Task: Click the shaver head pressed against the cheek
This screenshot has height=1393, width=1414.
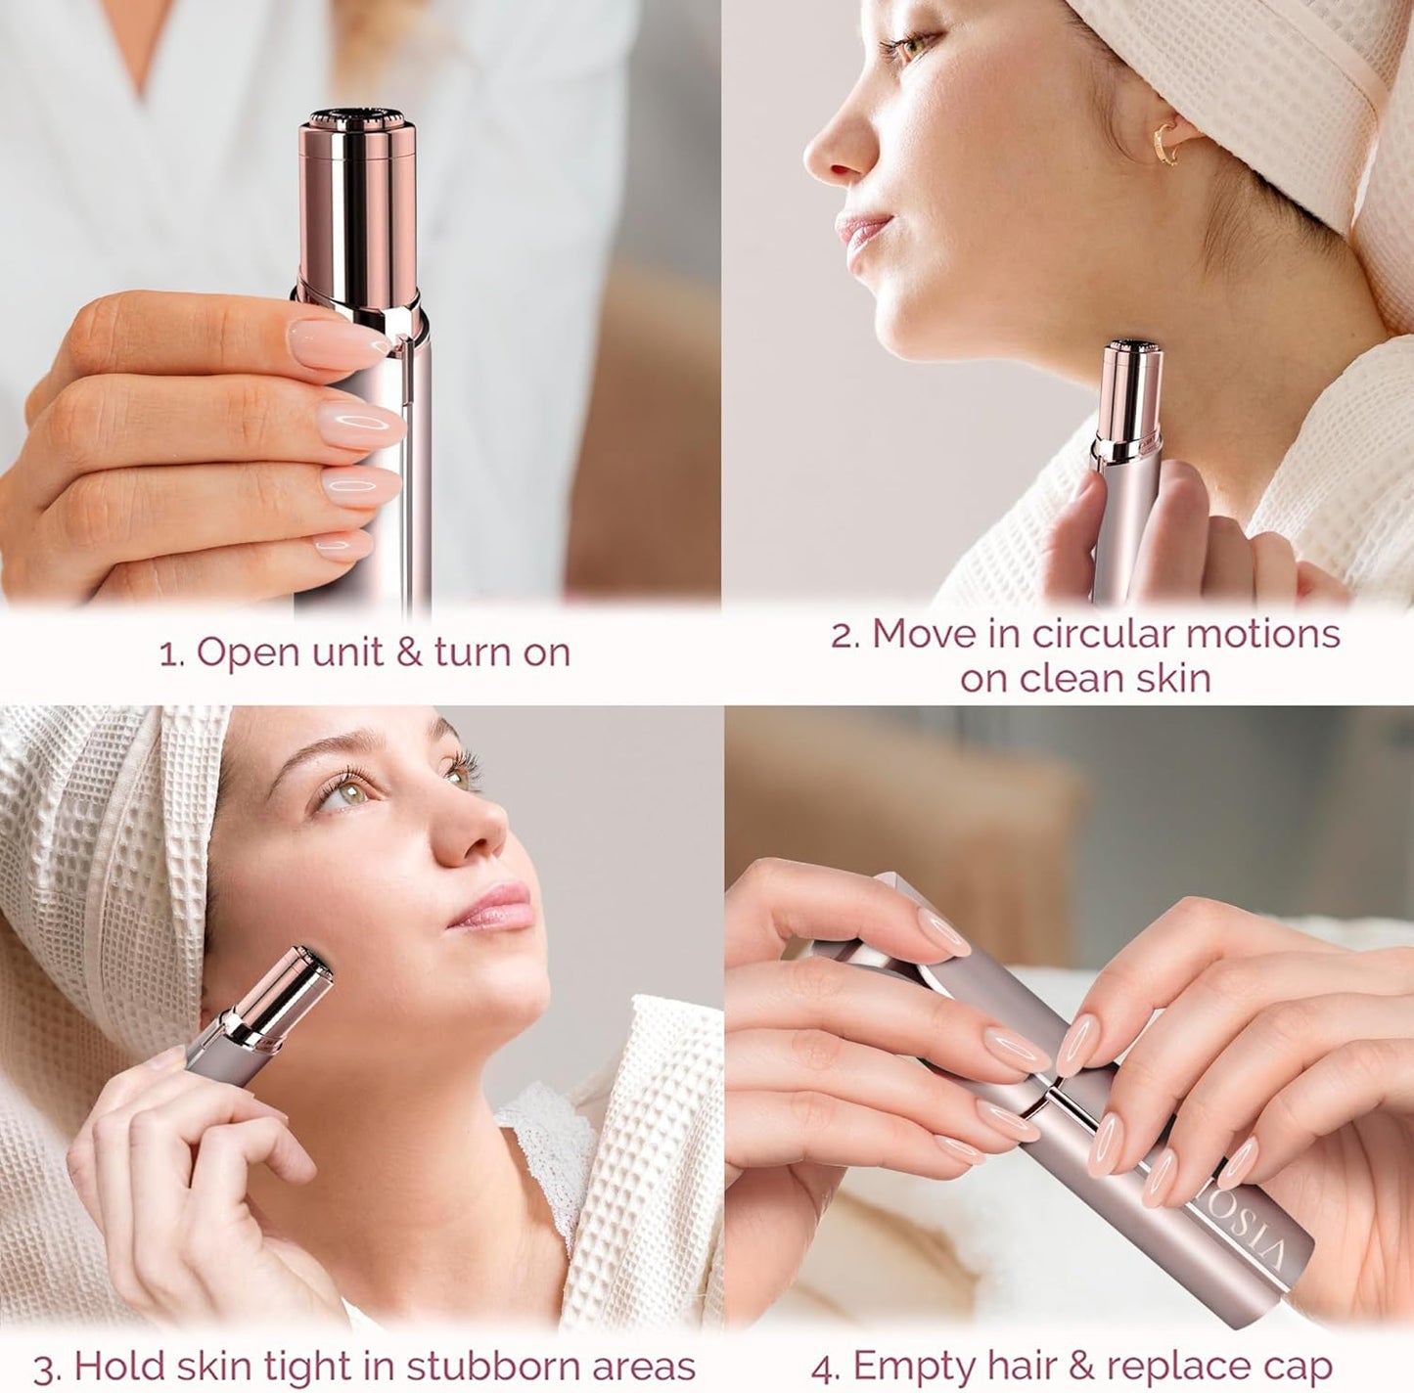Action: coord(304,968)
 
